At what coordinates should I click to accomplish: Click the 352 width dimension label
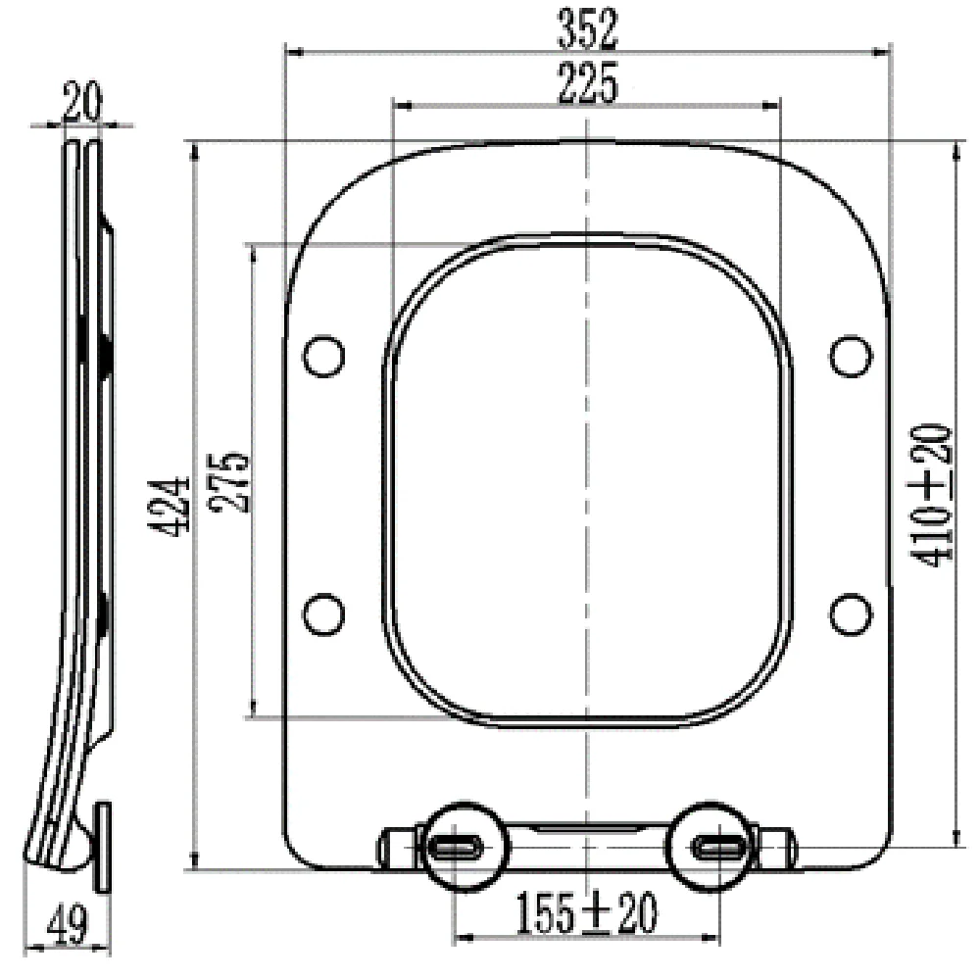tap(587, 28)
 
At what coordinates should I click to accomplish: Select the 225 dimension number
tap(587, 82)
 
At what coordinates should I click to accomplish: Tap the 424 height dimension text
tap(169, 507)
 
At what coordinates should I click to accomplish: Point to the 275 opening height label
tap(229, 482)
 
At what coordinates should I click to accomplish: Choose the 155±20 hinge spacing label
tap(586, 913)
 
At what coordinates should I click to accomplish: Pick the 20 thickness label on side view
tap(82, 102)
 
